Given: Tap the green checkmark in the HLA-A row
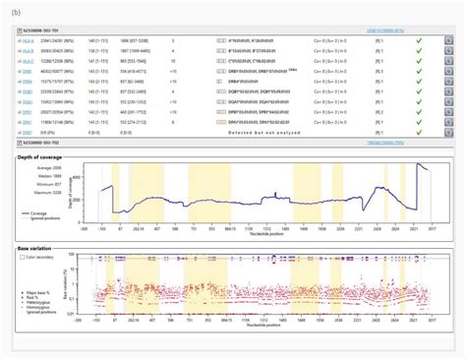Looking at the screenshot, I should (x=418, y=42).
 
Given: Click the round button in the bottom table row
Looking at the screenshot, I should (x=448, y=132).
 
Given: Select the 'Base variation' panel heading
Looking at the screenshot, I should (x=37, y=250).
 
